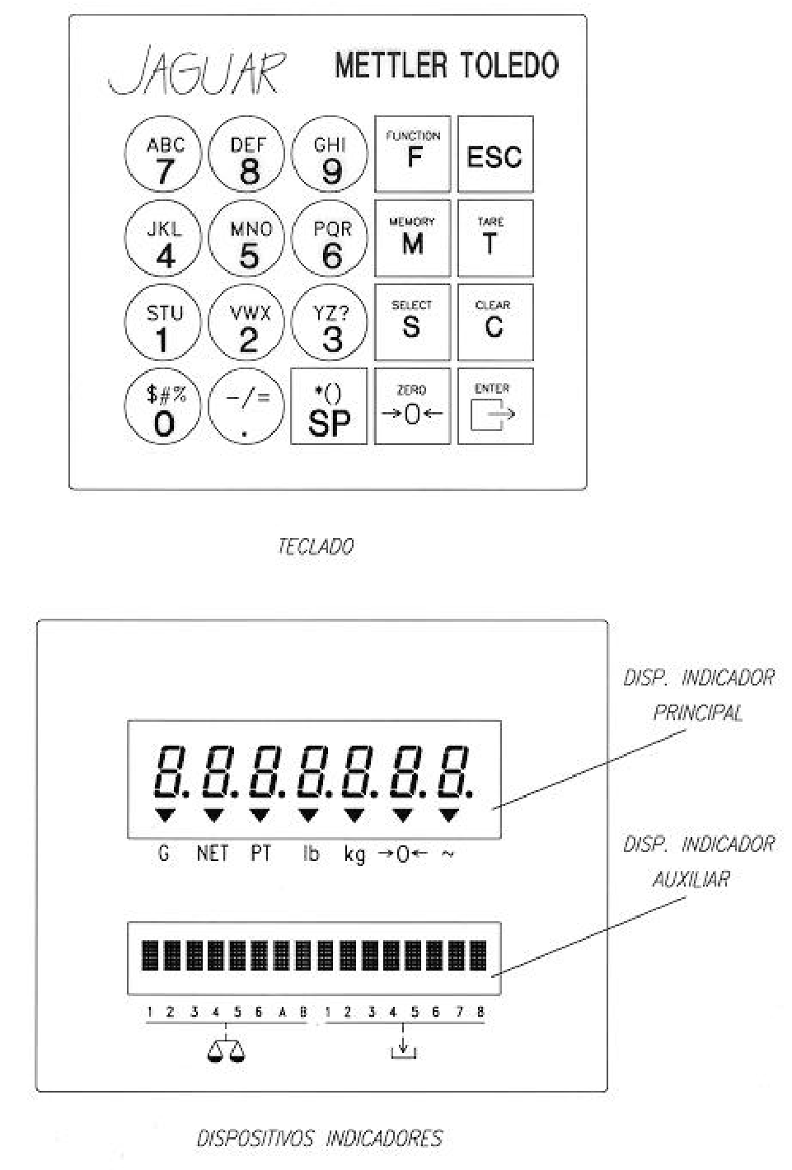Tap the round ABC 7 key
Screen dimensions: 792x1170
(x=163, y=154)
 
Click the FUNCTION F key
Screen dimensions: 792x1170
(x=413, y=154)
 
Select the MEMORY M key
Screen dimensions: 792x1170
(x=413, y=238)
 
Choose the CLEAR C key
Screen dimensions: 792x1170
(x=496, y=322)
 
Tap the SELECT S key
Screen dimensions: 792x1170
(x=413, y=322)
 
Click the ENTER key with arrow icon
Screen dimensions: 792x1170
(x=496, y=406)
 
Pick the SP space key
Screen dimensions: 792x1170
(x=329, y=406)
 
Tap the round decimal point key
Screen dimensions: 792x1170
(x=246, y=406)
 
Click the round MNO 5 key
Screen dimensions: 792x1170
(x=246, y=238)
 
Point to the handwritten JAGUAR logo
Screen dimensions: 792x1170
(x=198, y=71)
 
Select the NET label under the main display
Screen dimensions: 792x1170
(x=213, y=854)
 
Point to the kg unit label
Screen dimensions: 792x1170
(x=354, y=854)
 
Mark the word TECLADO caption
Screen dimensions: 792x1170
(x=316, y=546)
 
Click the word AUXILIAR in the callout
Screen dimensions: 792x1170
(x=691, y=880)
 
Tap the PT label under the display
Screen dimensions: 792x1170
(x=260, y=854)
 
